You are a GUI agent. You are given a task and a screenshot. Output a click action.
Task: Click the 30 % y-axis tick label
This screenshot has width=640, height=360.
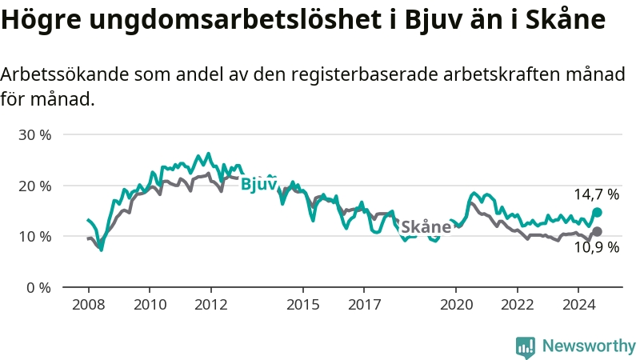pyautogui.click(x=34, y=134)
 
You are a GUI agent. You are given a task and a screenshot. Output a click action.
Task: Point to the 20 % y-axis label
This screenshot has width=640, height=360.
pyautogui.click(x=34, y=186)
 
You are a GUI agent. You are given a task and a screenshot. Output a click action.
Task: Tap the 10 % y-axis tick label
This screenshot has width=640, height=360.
pyautogui.click(x=34, y=236)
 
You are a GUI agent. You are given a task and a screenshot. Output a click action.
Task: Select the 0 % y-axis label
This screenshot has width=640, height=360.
pyautogui.click(x=38, y=287)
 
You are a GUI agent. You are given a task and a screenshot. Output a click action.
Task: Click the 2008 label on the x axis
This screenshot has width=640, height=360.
pyautogui.click(x=88, y=305)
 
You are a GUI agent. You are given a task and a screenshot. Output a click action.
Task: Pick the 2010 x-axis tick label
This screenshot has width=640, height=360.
pyautogui.click(x=150, y=305)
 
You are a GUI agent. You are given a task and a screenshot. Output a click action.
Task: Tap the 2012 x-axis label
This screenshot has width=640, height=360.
pyautogui.click(x=211, y=305)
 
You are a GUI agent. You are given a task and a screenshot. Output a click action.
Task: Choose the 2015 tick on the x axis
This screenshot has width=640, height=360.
pyautogui.click(x=302, y=305)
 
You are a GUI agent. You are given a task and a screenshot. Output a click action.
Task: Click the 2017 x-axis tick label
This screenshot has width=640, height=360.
pyautogui.click(x=364, y=305)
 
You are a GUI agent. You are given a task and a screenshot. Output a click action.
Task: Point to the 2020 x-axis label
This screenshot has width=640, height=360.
pyautogui.click(x=456, y=305)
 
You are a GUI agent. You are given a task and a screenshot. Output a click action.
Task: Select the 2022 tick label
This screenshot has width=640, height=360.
pyautogui.click(x=518, y=305)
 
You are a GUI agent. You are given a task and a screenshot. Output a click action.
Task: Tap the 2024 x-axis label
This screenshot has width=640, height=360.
pyautogui.click(x=579, y=305)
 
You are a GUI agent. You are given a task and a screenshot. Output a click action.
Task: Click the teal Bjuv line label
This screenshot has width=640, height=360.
pyautogui.click(x=258, y=184)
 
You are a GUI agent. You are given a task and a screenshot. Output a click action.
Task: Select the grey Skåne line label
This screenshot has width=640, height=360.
pyautogui.click(x=426, y=226)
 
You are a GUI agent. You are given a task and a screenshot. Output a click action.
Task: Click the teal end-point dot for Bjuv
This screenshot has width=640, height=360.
pyautogui.click(x=597, y=213)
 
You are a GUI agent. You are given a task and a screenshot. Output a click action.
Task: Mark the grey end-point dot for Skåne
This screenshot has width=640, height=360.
pyautogui.click(x=597, y=231)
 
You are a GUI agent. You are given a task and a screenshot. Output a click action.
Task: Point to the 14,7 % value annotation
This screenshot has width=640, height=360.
pyautogui.click(x=597, y=194)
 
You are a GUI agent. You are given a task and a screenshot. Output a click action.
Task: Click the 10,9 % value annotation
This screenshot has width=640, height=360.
pyautogui.click(x=597, y=248)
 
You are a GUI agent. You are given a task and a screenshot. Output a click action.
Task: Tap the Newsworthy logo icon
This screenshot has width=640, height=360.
pyautogui.click(x=526, y=346)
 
